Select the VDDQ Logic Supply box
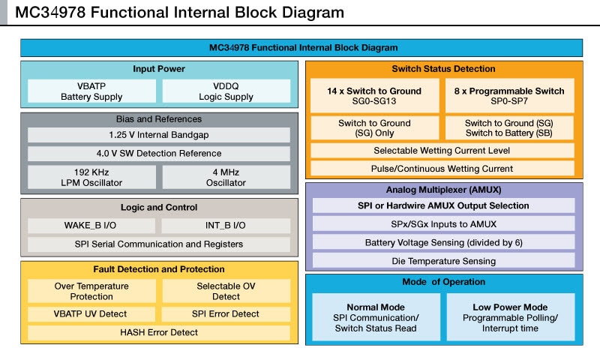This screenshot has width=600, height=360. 226,91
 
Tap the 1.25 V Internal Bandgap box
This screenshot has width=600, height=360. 158,135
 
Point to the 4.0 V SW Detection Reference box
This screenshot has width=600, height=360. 158,154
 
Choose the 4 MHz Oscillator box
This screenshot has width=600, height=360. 226,178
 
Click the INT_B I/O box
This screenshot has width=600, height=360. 226,225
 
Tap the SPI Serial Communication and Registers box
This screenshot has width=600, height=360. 158,244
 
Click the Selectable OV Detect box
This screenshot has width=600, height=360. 226,291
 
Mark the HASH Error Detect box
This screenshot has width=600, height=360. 158,332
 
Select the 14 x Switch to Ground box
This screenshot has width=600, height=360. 374,96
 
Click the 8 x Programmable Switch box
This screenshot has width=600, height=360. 509,96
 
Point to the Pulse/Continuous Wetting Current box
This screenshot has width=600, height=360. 443,169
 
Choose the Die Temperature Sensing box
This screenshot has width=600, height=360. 443,261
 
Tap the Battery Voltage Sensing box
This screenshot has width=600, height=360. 443,242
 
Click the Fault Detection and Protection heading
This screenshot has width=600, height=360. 158,269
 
